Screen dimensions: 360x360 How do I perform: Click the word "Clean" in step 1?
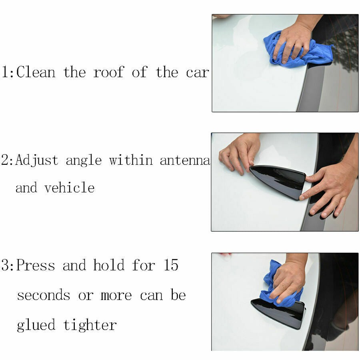pyautogui.click(x=36, y=72)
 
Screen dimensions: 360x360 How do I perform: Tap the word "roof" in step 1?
pyautogui.click(x=108, y=72)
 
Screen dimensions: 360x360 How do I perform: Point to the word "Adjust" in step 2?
pyautogui.click(x=37, y=160)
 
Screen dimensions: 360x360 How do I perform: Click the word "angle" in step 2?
pyautogui.click(x=84, y=161)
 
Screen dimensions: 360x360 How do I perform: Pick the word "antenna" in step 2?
pyautogui.click(x=185, y=160)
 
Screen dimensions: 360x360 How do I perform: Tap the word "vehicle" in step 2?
pyautogui.click(x=69, y=187)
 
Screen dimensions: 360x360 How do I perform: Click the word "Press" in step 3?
pyautogui.click(x=36, y=265)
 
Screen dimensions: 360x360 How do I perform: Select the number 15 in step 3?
pyautogui.click(x=171, y=265)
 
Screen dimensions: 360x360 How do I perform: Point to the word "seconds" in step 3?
pyautogui.click(x=44, y=295)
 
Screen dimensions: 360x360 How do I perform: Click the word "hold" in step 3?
pyautogui.click(x=109, y=265)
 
